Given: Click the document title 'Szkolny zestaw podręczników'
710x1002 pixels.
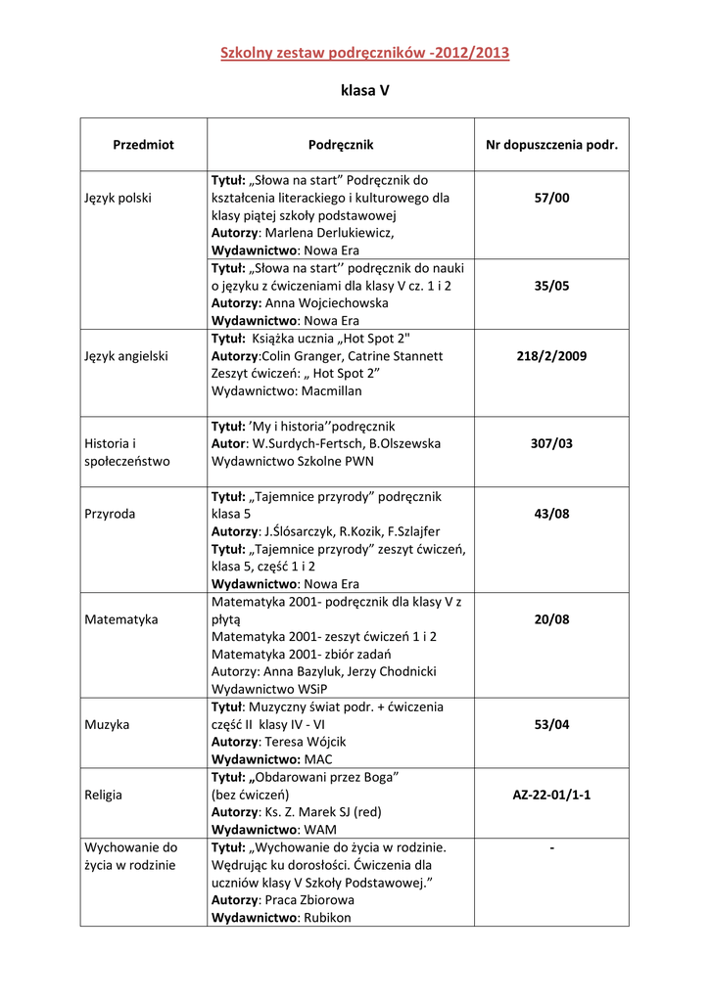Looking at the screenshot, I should click(x=364, y=53).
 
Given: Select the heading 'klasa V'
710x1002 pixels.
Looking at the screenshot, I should click(x=364, y=91).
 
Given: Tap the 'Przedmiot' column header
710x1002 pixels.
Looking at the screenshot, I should click(x=143, y=145).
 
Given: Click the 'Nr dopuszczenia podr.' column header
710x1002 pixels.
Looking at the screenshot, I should click(x=551, y=145).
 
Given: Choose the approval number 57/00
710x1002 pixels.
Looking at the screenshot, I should click(x=551, y=198).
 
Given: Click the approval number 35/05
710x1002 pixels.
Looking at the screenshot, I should click(x=551, y=286).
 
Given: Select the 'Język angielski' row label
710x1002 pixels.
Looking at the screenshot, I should click(x=126, y=356).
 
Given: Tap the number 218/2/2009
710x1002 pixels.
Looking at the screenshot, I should click(x=551, y=356).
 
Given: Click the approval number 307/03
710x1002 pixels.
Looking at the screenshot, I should click(x=551, y=443).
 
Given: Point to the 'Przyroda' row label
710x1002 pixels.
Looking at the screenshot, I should click(x=111, y=514).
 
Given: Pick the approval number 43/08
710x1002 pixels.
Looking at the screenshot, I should click(x=551, y=514).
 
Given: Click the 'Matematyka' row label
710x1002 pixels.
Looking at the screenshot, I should click(x=121, y=619).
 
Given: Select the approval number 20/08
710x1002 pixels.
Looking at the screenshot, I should click(x=551, y=619).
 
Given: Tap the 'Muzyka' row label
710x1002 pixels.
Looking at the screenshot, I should click(x=108, y=725).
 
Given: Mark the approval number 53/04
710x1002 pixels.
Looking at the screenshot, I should click(x=551, y=725).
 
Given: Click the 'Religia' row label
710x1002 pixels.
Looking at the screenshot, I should click(x=104, y=795).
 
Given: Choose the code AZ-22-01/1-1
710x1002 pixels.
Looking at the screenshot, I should click(x=551, y=795).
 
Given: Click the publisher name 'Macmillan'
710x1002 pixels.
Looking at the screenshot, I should click(x=330, y=391).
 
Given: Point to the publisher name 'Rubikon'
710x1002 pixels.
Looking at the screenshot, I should click(x=327, y=918).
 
